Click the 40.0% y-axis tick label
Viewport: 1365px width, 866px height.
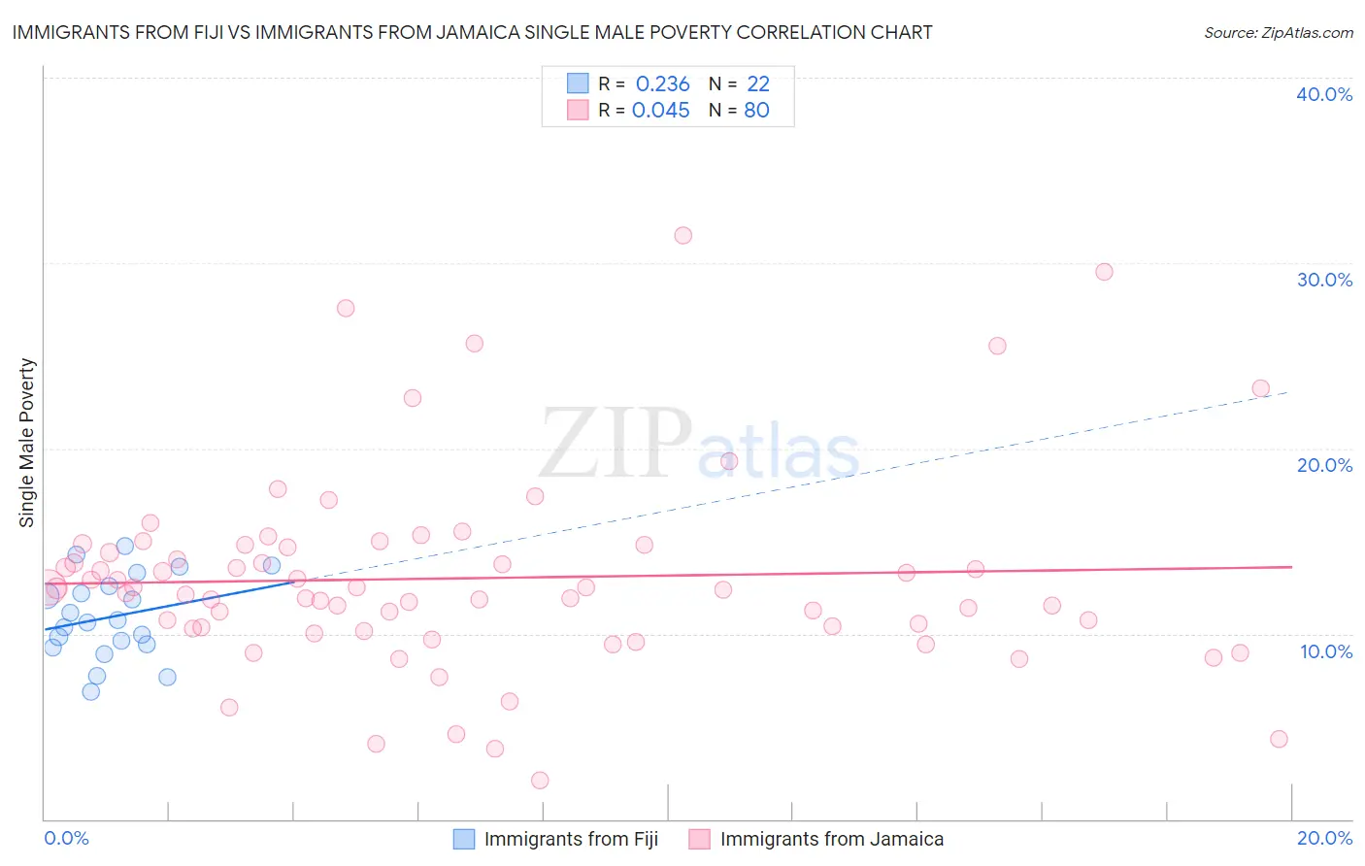click(x=1323, y=94)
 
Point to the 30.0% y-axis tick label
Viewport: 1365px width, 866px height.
click(x=1323, y=280)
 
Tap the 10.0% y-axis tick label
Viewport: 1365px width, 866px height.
click(x=1325, y=650)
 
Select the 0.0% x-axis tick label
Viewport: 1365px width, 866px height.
click(x=66, y=838)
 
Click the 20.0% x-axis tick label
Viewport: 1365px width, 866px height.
click(x=1324, y=838)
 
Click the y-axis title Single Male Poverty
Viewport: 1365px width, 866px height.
click(x=27, y=443)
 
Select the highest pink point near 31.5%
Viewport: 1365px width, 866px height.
click(x=682, y=235)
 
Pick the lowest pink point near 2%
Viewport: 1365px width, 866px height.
click(x=540, y=781)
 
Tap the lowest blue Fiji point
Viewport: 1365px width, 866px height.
click(x=90, y=691)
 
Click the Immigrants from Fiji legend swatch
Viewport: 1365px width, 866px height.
click(x=464, y=839)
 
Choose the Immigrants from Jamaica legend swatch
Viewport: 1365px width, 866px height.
click(x=699, y=839)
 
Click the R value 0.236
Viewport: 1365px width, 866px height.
click(x=662, y=84)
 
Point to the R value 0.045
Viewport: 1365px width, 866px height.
click(x=660, y=111)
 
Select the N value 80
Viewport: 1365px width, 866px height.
click(x=756, y=111)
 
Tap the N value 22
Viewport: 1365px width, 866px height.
click(x=757, y=84)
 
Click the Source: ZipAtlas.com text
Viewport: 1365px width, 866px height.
click(x=1278, y=33)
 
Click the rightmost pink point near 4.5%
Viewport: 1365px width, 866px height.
click(x=1279, y=739)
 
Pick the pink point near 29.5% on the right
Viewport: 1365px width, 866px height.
click(x=1104, y=272)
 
